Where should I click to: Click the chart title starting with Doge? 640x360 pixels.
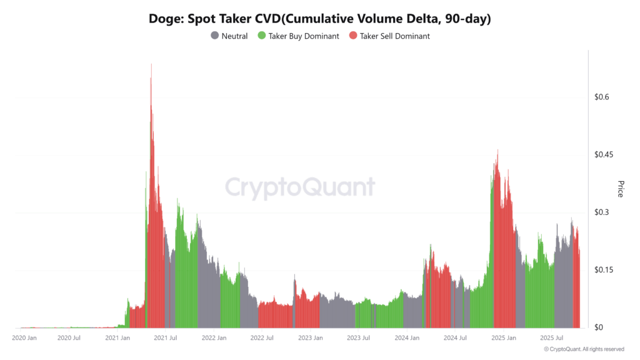click(x=319, y=19)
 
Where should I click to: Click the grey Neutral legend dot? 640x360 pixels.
click(x=215, y=36)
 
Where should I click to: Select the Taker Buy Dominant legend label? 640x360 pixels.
click(x=303, y=36)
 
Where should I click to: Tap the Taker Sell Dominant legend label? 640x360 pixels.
click(x=394, y=36)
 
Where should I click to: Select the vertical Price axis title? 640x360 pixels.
click(x=620, y=189)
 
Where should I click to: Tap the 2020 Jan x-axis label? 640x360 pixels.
click(x=25, y=338)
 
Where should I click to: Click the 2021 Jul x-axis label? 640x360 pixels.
click(x=164, y=338)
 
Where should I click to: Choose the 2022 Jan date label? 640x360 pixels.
click(x=214, y=338)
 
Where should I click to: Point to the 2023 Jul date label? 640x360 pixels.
click(x=357, y=338)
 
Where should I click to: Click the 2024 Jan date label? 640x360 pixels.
click(x=407, y=338)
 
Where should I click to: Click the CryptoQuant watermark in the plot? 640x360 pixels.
click(x=300, y=187)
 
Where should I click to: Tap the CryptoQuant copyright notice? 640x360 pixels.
click(x=584, y=349)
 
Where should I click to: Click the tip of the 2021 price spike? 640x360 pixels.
click(x=151, y=64)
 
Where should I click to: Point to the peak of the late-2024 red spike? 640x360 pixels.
click(x=497, y=150)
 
